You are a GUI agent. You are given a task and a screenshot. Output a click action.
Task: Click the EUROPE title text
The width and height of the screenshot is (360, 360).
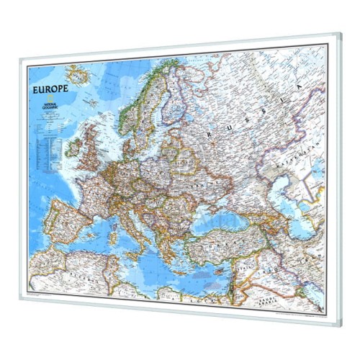[51, 91]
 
